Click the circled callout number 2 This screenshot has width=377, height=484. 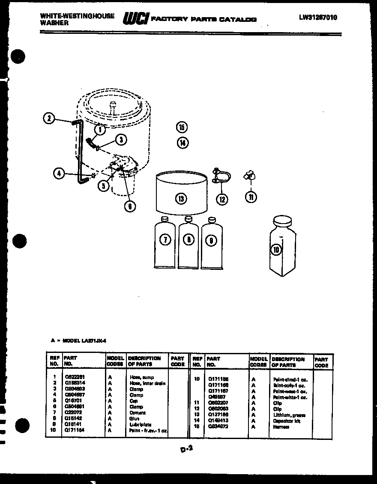(49, 118)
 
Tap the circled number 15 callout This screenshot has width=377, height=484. (182, 127)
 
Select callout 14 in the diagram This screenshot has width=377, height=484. (183, 143)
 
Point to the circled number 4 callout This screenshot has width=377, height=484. (60, 173)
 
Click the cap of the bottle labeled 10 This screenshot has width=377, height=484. (282, 221)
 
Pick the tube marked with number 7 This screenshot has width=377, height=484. (165, 244)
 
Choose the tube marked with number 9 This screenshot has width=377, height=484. (212, 244)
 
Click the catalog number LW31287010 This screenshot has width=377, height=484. (318, 18)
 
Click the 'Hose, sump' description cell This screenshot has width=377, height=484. (142, 377)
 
